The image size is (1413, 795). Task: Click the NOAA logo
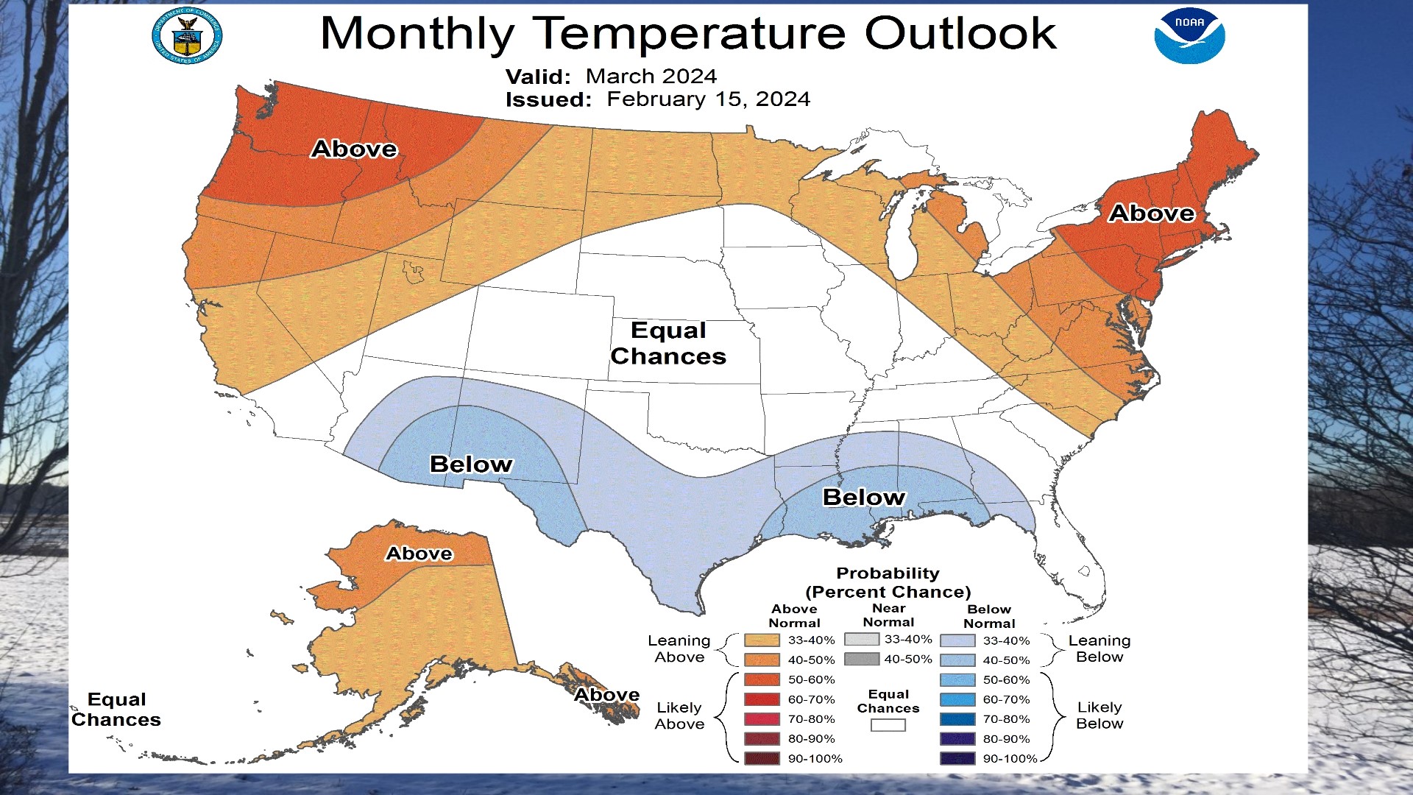(x=1189, y=35)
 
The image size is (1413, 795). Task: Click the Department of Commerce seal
(x=187, y=35)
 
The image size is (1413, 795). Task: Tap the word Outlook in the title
(x=960, y=33)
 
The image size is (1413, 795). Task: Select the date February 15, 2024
(x=708, y=99)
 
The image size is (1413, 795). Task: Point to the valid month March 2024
(x=651, y=77)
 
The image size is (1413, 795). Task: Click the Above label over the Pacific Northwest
(x=354, y=149)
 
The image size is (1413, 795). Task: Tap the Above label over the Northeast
(x=1152, y=213)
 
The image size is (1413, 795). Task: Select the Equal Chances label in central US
(x=668, y=343)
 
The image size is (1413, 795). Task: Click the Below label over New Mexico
(x=471, y=464)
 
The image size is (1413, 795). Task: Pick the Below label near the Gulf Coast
(x=864, y=498)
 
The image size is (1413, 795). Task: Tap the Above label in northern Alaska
(x=419, y=554)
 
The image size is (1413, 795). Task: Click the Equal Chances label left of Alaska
(x=116, y=710)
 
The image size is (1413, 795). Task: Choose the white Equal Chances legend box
(x=888, y=725)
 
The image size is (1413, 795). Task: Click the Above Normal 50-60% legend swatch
(x=762, y=679)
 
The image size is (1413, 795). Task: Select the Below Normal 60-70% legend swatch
(x=957, y=699)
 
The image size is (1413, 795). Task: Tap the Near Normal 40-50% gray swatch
(x=862, y=659)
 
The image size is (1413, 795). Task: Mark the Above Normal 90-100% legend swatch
(x=762, y=758)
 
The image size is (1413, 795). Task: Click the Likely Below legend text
(x=1099, y=715)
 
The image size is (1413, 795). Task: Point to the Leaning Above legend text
(x=679, y=649)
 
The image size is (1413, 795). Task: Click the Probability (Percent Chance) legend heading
(x=888, y=583)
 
